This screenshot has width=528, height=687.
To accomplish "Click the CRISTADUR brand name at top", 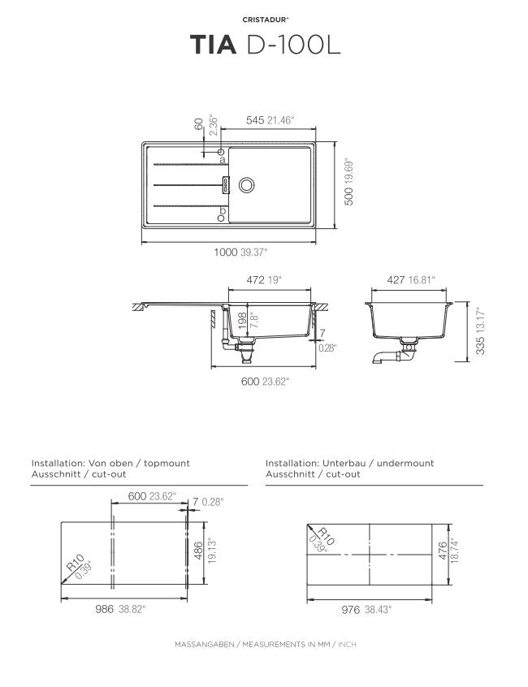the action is tap(265, 19).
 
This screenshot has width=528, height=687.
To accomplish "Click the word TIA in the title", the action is tap(214, 45).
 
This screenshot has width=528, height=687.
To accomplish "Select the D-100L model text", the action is tap(293, 45).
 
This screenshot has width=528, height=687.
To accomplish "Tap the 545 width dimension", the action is tap(255, 120).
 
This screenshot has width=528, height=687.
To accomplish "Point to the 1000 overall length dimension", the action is tap(226, 253).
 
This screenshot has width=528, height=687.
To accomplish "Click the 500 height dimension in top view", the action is tap(348, 197).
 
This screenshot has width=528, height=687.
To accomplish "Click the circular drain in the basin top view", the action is tap(247, 185).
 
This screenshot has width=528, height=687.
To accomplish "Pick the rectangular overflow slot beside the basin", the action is tap(226, 185).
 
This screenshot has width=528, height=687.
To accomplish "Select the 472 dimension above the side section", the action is tap(255, 280).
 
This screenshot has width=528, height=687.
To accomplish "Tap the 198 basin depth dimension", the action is tap(242, 321).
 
